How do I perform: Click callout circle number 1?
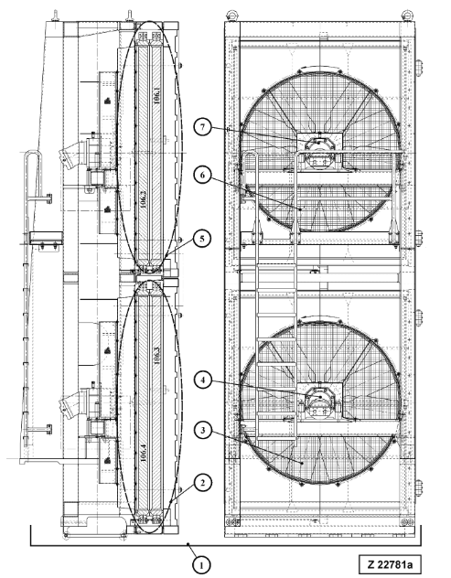201,564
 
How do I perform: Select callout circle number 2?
201,483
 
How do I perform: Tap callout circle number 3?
202,430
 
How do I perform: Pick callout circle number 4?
202,380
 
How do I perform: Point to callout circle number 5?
201,239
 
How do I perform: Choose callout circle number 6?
202,175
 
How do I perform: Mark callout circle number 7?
202,127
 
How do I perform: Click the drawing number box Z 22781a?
390,564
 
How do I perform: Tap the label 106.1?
156,95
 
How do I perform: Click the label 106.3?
156,356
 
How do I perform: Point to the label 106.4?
144,453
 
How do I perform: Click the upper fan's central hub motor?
319,152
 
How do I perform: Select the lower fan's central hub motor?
319,402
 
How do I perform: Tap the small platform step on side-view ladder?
46,238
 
